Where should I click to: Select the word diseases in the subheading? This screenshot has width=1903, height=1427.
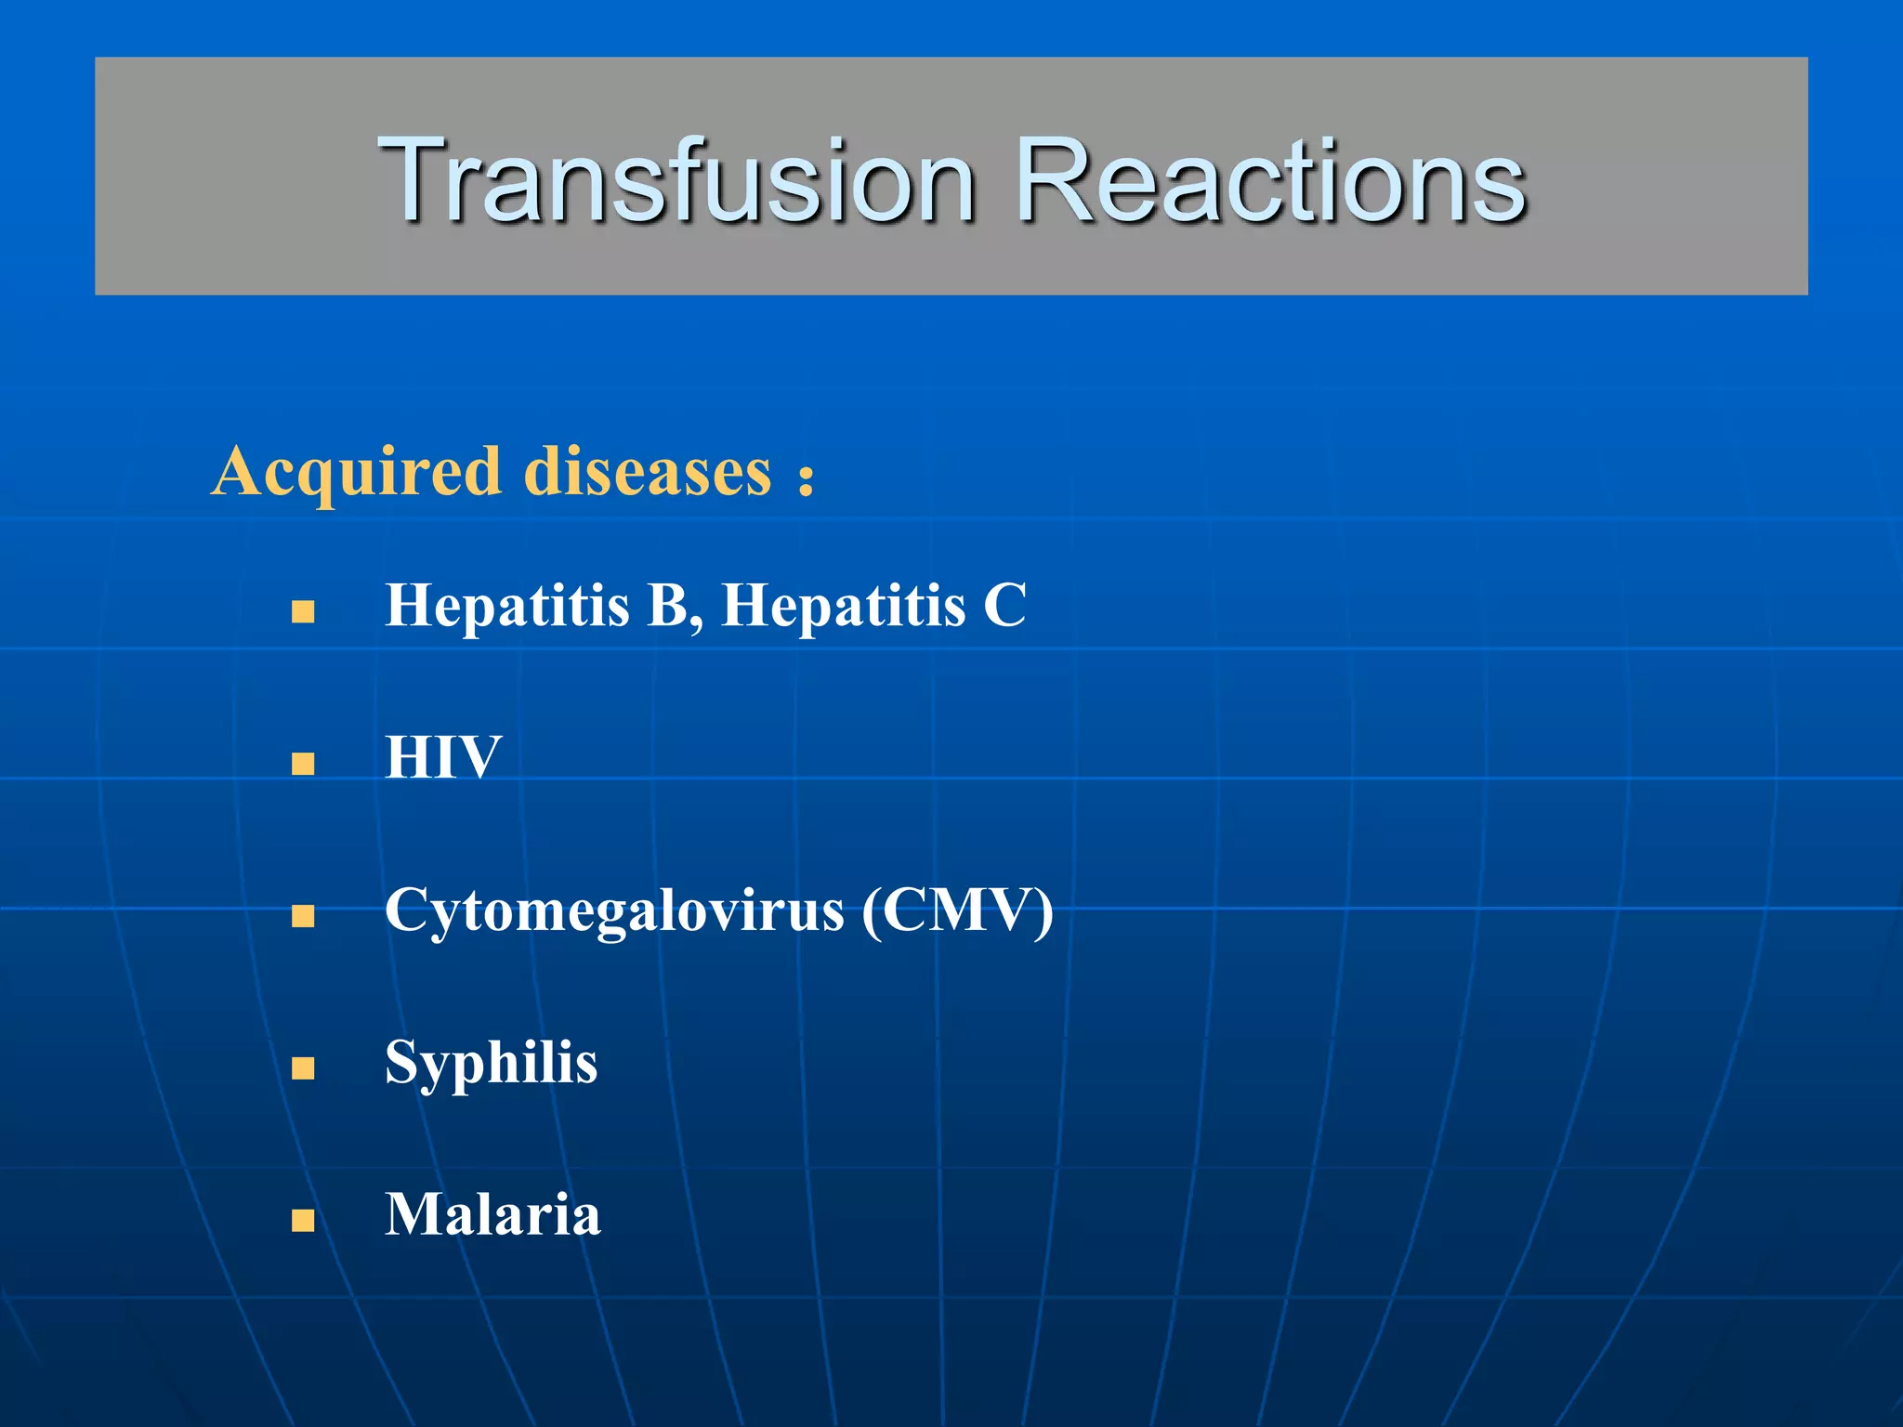coord(648,472)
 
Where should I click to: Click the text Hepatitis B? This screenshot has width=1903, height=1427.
coord(537,606)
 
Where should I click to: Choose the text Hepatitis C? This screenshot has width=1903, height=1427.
coord(873,606)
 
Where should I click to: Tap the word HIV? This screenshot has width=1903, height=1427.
coord(443,757)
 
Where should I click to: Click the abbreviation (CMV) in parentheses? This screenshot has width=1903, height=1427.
coord(957,910)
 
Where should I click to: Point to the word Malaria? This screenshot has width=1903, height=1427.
coord(492,1214)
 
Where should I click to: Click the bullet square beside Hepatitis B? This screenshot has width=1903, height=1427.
coord(303,611)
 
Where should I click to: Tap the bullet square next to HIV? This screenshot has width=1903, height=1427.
coord(303,764)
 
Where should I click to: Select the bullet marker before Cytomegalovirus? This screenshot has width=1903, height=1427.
coord(303,916)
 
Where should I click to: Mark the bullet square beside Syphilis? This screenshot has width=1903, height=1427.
coord(303,1068)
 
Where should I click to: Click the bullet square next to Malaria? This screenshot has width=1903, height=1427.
coord(303,1220)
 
